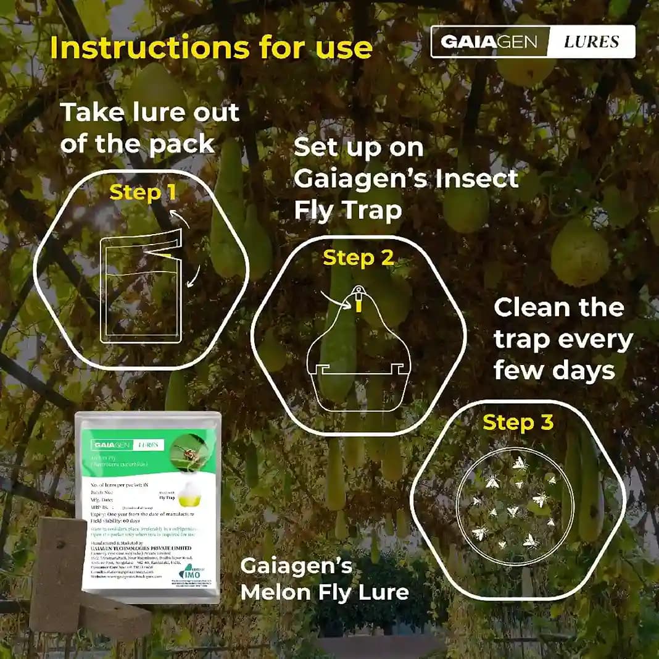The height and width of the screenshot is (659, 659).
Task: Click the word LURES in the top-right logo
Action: (x=591, y=42)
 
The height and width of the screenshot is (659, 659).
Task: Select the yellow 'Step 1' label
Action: (x=143, y=193)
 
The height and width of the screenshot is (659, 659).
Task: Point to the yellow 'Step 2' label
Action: (x=359, y=258)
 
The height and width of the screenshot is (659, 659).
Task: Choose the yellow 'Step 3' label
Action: (x=518, y=422)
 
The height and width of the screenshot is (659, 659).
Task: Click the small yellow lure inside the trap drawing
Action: (x=357, y=302)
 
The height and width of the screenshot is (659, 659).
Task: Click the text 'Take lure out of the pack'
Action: (x=149, y=128)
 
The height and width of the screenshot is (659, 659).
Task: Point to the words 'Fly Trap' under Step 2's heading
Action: (x=347, y=210)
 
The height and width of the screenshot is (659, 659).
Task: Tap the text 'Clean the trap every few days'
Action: (x=563, y=339)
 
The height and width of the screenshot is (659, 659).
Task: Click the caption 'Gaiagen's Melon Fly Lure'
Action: (x=325, y=579)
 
